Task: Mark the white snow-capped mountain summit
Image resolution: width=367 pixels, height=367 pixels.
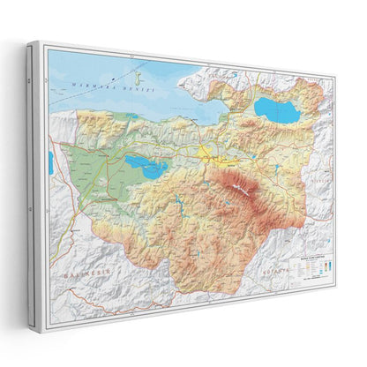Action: pyautogui.click(x=241, y=188)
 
